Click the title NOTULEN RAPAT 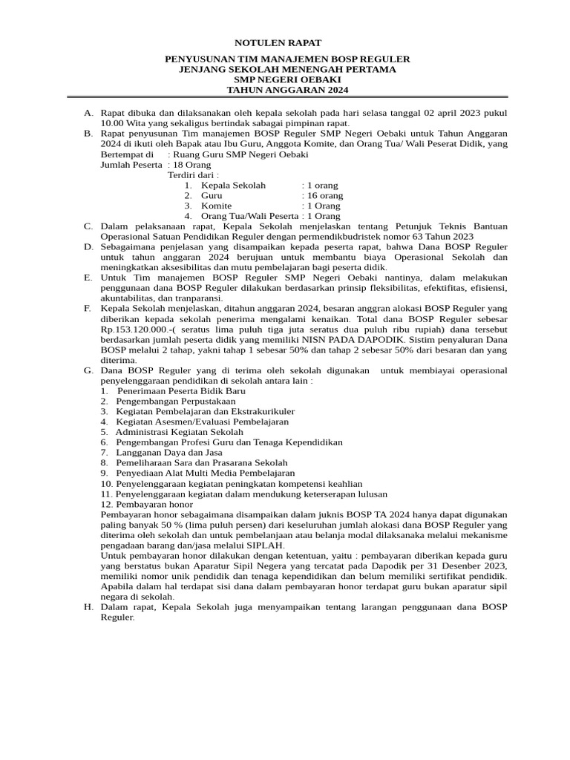click(x=285, y=44)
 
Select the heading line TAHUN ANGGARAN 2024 click(x=285, y=90)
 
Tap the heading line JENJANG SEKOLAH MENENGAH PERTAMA click(x=285, y=69)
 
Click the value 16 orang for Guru click(x=325, y=195)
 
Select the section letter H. click(x=88, y=607)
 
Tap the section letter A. click(x=88, y=112)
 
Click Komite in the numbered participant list click(x=212, y=206)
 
